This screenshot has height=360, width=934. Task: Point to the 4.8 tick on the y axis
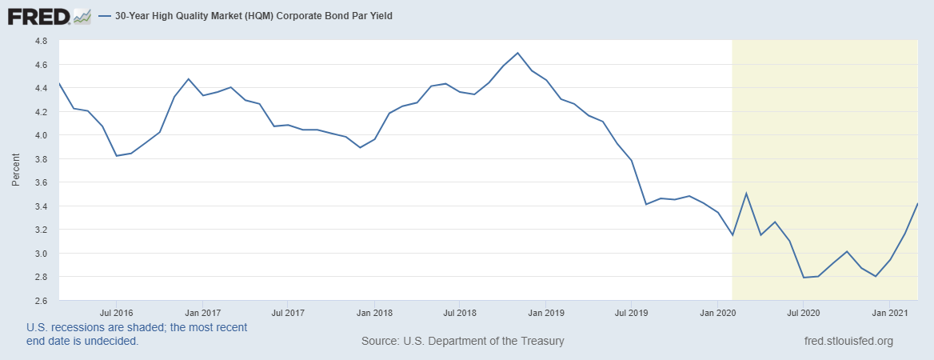coord(41,41)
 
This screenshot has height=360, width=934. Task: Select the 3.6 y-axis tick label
coord(41,182)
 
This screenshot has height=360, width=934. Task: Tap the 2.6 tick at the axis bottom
coord(41,301)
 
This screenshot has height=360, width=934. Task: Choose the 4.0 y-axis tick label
coord(41,135)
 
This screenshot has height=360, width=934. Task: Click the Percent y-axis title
coord(16,170)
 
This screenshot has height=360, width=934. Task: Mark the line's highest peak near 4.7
coord(517,53)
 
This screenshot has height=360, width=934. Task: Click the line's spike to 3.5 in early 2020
coord(746,193)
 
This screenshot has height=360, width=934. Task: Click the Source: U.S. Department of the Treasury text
coord(463,341)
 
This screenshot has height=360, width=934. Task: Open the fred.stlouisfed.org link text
coord(848,341)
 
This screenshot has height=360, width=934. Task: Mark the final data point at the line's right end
coord(917,203)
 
